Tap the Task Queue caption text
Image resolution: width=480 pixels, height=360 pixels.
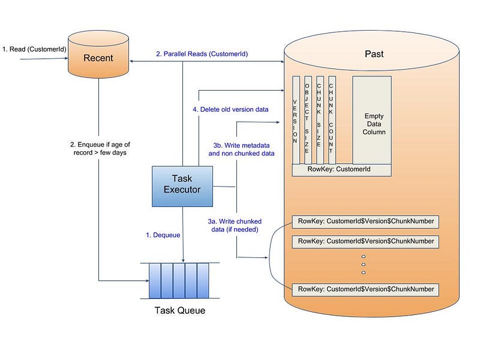(179, 310)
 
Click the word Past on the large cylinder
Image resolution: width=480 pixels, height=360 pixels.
(374, 54)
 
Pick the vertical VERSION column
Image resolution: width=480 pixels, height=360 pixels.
(296, 120)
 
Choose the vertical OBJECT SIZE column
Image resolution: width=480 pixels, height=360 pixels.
(308, 120)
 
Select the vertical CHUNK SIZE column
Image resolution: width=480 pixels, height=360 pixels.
(320, 120)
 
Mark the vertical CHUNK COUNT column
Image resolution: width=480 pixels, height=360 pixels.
(332, 120)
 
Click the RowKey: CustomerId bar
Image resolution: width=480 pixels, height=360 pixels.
(341, 170)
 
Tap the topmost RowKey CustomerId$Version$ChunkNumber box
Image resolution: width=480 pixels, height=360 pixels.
(365, 221)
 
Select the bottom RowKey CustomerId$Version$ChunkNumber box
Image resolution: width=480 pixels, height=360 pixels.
(365, 289)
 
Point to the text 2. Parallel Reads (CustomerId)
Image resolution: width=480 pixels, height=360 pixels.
(202, 54)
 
